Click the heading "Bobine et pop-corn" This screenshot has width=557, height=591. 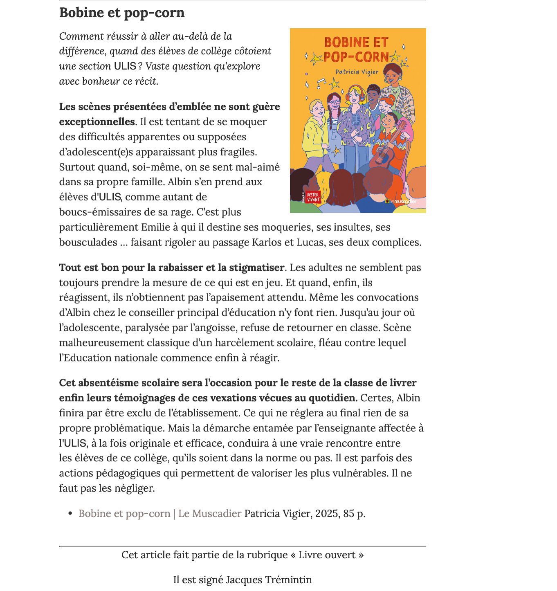coord(122,13)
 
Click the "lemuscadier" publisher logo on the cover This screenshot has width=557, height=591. coord(401,201)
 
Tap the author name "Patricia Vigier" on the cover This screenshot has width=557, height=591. coord(357,72)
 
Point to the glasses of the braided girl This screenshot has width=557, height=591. coord(334,102)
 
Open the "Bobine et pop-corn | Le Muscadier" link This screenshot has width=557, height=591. coord(160,513)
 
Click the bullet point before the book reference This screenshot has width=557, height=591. coord(70,513)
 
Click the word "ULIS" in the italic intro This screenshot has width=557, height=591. coord(125,66)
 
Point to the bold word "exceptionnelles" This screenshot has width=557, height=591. coord(97,122)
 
